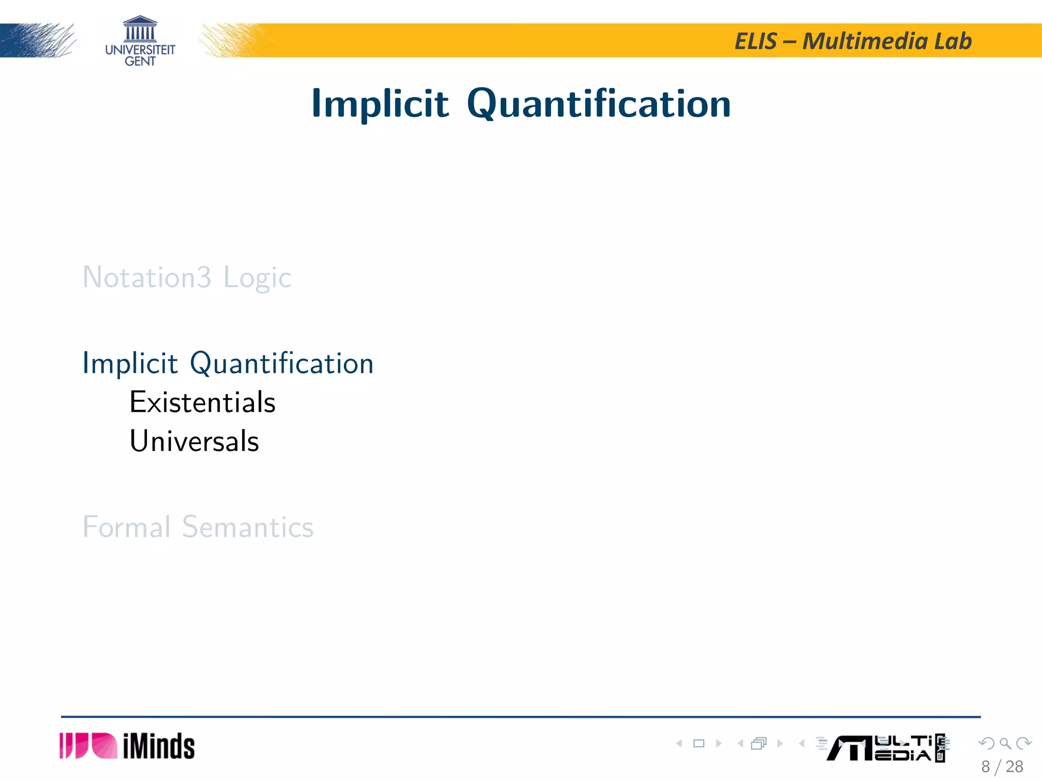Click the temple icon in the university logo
[x=140, y=29]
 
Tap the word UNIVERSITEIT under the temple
[x=140, y=50]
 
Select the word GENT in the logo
[x=140, y=62]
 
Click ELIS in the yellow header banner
[x=756, y=41]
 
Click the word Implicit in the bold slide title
[x=380, y=104]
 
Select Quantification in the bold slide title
[x=599, y=104]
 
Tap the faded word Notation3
[x=147, y=277]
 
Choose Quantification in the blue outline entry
[x=281, y=364]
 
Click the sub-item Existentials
[x=202, y=402]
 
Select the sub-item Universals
[x=194, y=441]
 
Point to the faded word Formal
[x=126, y=526]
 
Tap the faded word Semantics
[x=248, y=526]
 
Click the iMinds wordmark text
[x=159, y=746]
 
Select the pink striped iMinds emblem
[x=88, y=746]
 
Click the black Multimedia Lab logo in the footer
[x=885, y=748]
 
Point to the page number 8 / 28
[x=1002, y=767]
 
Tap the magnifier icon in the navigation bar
[x=1005, y=743]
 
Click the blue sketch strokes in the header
[x=38, y=40]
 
